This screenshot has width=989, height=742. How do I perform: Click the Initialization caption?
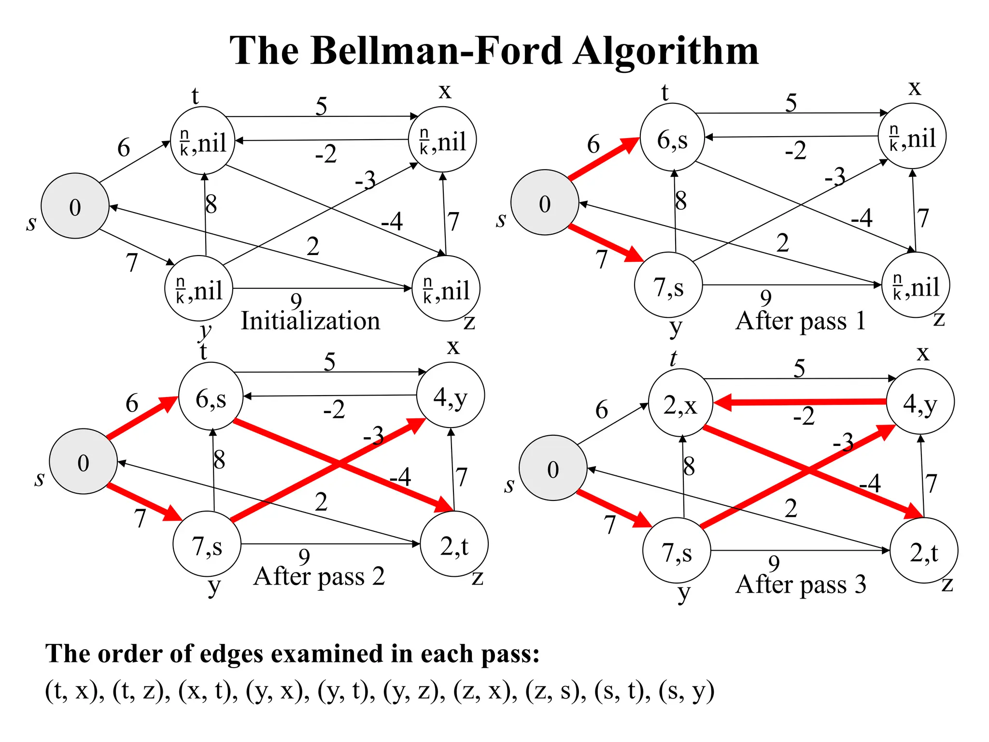click(311, 321)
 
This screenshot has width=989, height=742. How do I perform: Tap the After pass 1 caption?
click(800, 321)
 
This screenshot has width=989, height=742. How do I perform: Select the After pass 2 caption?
click(319, 576)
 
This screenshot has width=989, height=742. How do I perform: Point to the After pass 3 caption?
click(800, 585)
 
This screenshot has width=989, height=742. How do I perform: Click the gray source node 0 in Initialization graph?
click(75, 207)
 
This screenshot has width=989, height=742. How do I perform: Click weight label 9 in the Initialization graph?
click(296, 301)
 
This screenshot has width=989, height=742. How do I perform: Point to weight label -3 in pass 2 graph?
click(373, 436)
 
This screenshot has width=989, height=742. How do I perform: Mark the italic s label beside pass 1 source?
click(501, 220)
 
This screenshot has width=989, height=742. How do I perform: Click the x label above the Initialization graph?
click(445, 91)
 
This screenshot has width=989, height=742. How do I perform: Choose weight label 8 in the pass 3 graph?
click(689, 467)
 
